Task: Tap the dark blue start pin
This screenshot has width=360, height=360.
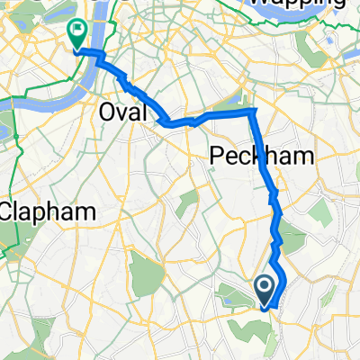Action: (265, 290)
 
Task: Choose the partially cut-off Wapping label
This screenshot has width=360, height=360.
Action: (296, 4)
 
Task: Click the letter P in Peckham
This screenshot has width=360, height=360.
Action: (217, 156)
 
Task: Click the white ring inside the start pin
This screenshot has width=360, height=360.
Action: (265, 286)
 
